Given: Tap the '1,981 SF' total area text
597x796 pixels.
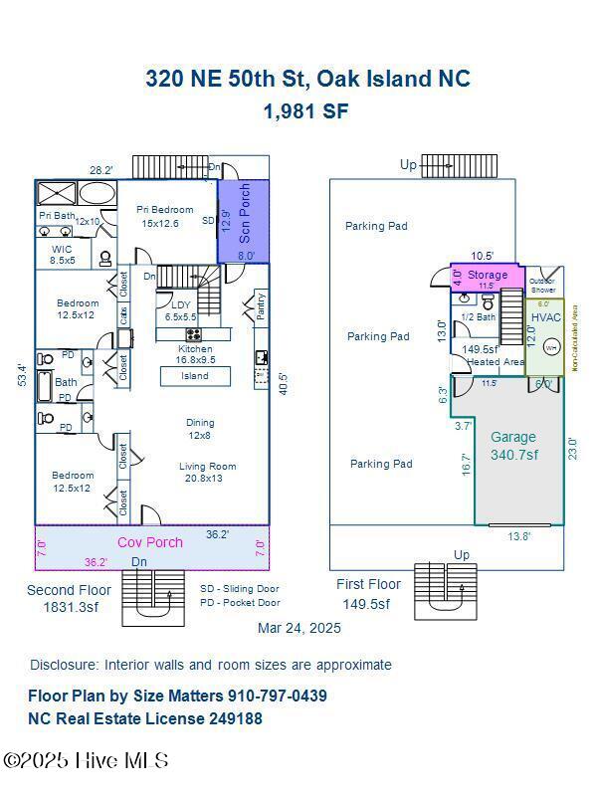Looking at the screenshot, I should coord(305,111).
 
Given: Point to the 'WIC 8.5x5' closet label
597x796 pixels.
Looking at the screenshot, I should coord(62,255).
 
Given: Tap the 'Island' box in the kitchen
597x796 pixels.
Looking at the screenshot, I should coord(195,376).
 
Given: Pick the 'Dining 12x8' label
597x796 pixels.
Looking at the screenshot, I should coord(200,429).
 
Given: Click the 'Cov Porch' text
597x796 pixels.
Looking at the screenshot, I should coord(150,542).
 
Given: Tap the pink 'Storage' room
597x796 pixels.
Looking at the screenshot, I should coord(488,275).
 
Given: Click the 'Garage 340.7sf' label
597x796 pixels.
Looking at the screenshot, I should coord(513,445).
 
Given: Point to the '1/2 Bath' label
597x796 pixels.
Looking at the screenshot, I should coord(479,317).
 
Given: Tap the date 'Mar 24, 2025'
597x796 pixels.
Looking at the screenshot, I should coord(298,628).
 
